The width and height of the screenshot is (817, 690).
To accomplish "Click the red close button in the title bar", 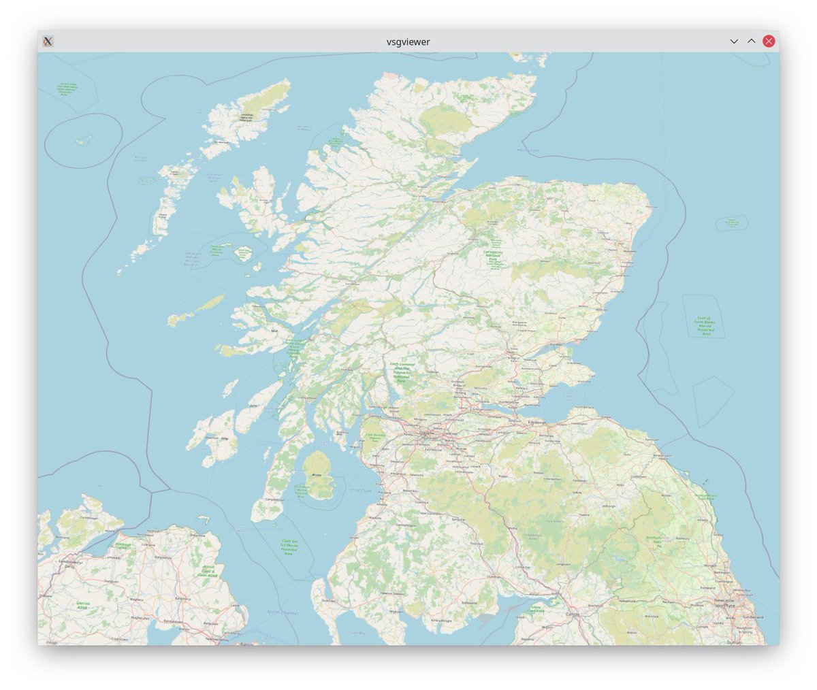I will (x=769, y=41).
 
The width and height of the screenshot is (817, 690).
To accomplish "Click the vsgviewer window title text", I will (x=408, y=42).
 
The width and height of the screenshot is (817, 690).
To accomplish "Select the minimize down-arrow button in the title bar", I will (x=734, y=41).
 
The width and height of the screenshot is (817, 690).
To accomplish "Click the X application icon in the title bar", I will (x=48, y=41).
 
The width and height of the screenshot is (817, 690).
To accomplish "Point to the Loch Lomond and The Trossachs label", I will (x=402, y=372).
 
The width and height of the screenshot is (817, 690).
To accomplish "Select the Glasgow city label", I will (x=428, y=433).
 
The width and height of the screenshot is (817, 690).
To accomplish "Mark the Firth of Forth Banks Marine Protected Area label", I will (x=703, y=326).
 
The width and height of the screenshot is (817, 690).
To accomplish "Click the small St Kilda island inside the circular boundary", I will (x=84, y=140).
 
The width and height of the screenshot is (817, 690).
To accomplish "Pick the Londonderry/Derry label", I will (x=69, y=564).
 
